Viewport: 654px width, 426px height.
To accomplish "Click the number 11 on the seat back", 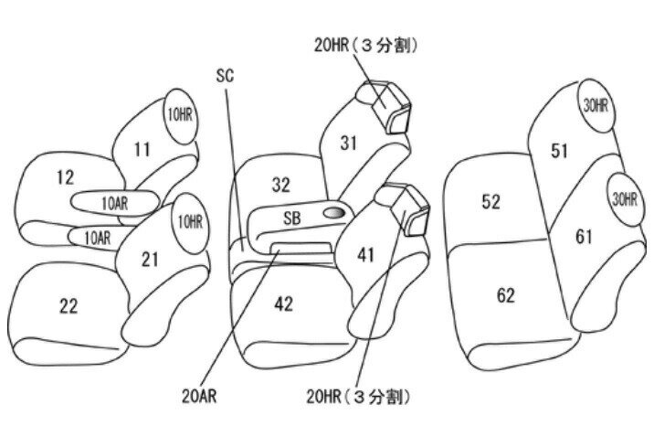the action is (142, 149).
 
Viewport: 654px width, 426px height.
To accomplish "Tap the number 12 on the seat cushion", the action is (66, 177).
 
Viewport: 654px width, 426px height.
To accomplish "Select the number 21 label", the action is (150, 260).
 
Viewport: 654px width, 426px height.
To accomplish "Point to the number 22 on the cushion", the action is (69, 306).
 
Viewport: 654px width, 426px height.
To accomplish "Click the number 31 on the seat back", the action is (349, 144).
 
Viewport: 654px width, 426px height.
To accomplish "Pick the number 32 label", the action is (281, 185).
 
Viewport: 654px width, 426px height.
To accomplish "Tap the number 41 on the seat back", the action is (365, 255).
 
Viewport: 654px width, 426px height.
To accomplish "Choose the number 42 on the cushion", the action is (284, 304).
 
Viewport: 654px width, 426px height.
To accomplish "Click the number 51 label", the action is (559, 151).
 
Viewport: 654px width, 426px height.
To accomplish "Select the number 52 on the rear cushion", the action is (490, 202).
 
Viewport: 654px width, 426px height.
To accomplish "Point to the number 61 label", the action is (584, 237).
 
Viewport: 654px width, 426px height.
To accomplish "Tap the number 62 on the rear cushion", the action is (506, 296).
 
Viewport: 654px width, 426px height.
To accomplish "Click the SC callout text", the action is (226, 76).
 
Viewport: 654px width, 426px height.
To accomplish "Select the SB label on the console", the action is (292, 218).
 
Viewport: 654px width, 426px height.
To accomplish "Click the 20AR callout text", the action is (199, 396).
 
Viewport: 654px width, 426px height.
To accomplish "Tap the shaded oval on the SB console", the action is (334, 213).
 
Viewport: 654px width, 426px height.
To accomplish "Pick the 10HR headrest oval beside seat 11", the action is (181, 116).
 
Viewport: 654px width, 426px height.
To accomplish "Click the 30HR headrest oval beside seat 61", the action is (625, 199).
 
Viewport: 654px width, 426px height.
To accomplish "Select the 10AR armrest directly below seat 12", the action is (115, 204).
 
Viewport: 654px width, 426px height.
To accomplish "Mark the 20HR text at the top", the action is (332, 45).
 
